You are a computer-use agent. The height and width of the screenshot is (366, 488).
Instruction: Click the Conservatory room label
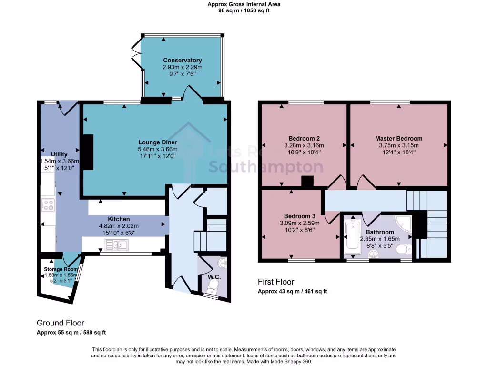coord(182,61)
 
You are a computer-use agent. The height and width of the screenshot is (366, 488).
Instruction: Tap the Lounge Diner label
coord(158,142)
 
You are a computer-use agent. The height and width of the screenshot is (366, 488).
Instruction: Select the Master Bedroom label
coord(398,139)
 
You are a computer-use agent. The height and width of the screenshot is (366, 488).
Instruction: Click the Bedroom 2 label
coord(304,139)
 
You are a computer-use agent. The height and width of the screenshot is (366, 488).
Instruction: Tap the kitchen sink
coord(116,245)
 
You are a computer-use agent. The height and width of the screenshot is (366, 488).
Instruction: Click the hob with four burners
coord(48,205)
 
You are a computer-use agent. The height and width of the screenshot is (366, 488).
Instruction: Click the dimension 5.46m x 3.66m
coord(158,149)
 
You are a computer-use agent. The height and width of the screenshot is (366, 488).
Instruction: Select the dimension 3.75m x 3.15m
coord(398,145)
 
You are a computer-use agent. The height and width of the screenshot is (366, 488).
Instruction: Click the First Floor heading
coord(276,282)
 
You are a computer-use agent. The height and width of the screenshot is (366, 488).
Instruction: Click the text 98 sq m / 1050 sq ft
coord(244,10)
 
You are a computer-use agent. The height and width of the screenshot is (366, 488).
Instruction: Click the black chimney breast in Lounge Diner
coord(88,152)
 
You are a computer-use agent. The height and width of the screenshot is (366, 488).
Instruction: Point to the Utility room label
coord(60,154)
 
